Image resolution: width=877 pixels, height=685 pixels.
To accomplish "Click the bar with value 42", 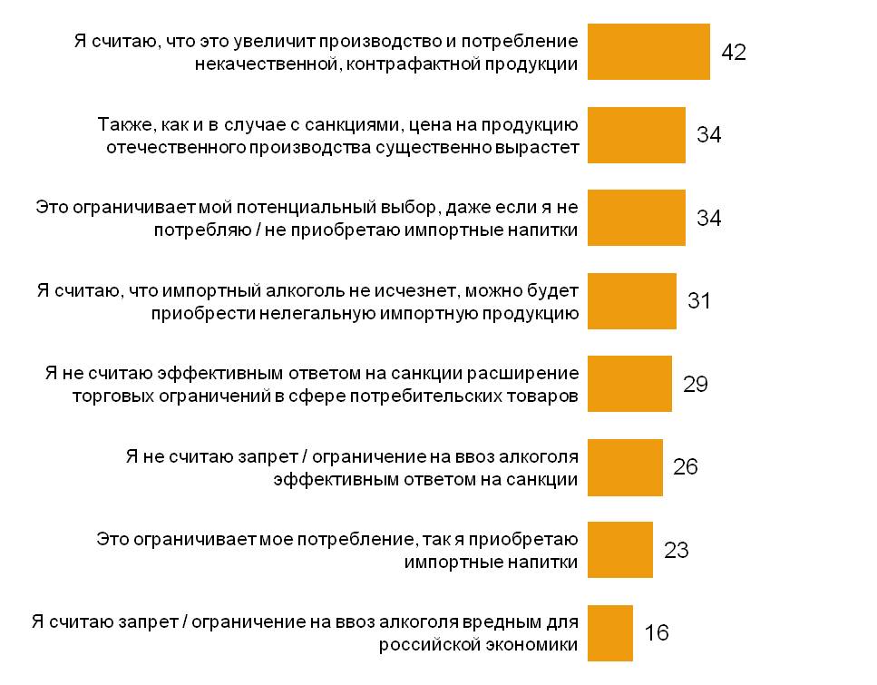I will [x=648, y=52].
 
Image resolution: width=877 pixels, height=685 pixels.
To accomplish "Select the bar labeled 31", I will [x=632, y=300].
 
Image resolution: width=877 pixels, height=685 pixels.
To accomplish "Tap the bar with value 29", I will [x=629, y=384].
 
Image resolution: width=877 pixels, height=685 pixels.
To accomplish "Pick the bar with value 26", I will [x=625, y=466].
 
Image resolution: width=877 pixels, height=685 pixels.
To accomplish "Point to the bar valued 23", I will [x=620, y=549].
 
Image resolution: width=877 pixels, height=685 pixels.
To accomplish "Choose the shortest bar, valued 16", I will [x=610, y=632].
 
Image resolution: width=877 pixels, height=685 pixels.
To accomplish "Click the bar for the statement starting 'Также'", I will [x=637, y=135].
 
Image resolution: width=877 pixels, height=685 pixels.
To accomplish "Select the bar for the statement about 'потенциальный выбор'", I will [x=637, y=218].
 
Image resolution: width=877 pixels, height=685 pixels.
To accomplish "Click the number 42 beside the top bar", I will [x=733, y=53].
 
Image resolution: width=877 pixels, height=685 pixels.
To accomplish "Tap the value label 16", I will [x=656, y=633].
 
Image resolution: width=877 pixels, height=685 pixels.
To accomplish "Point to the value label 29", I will [x=696, y=384].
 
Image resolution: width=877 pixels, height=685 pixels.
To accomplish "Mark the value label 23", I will [x=677, y=550].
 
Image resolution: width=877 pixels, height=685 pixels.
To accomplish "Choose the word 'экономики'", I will [x=534, y=645].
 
